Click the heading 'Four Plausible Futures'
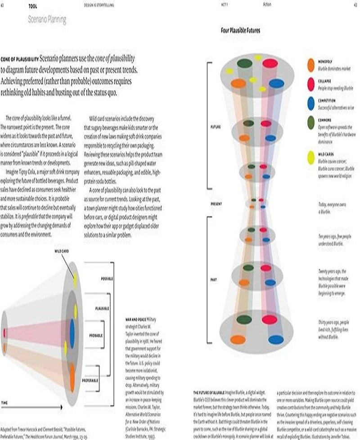(x=240, y=31)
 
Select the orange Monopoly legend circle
(x=310, y=65)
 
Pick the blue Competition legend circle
(x=310, y=103)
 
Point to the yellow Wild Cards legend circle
(x=310, y=157)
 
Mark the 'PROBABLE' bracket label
(x=104, y=335)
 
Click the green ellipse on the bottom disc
(x=244, y=319)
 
